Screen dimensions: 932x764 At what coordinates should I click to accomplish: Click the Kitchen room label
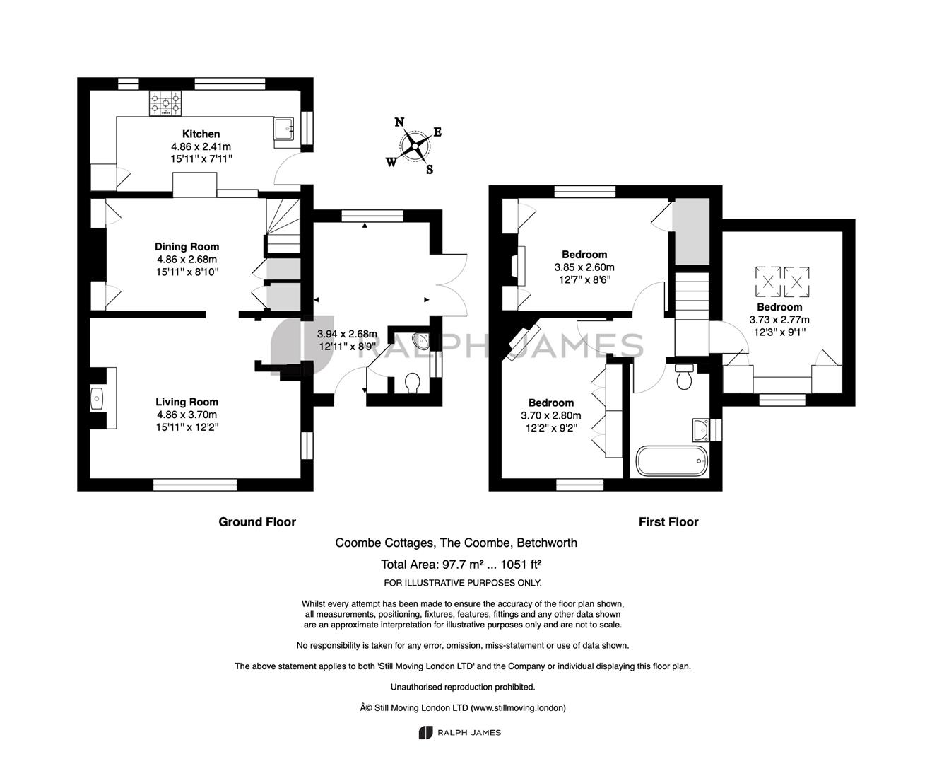pos(201,134)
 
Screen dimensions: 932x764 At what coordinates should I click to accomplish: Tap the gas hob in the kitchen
pos(165,103)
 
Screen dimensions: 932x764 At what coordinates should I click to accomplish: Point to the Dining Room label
pos(187,246)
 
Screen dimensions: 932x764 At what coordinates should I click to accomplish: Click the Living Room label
pos(187,402)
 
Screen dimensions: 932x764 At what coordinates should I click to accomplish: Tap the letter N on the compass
pos(399,122)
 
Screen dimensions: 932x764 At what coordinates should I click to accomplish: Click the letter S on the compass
pos(430,170)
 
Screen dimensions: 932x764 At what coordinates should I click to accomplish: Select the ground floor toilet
pos(413,383)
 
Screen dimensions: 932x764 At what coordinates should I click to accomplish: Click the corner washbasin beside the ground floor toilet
pos(421,342)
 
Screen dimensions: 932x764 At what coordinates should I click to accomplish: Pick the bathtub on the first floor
pos(672,461)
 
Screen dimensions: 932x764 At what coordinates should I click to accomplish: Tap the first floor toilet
pos(684,377)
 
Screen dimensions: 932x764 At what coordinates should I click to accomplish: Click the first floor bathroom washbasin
pos(701,429)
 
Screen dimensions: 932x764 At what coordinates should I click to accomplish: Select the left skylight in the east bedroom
pos(768,282)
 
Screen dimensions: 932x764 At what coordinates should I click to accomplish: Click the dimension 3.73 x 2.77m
pos(779,320)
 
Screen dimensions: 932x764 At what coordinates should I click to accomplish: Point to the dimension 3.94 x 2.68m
pos(347,334)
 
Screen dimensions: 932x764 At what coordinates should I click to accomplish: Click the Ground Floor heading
pos(257,522)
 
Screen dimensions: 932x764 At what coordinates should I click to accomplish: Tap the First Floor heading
pos(668,522)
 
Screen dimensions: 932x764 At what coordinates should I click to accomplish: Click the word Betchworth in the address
pos(547,543)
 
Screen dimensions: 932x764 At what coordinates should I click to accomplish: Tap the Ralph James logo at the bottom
pos(460,733)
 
